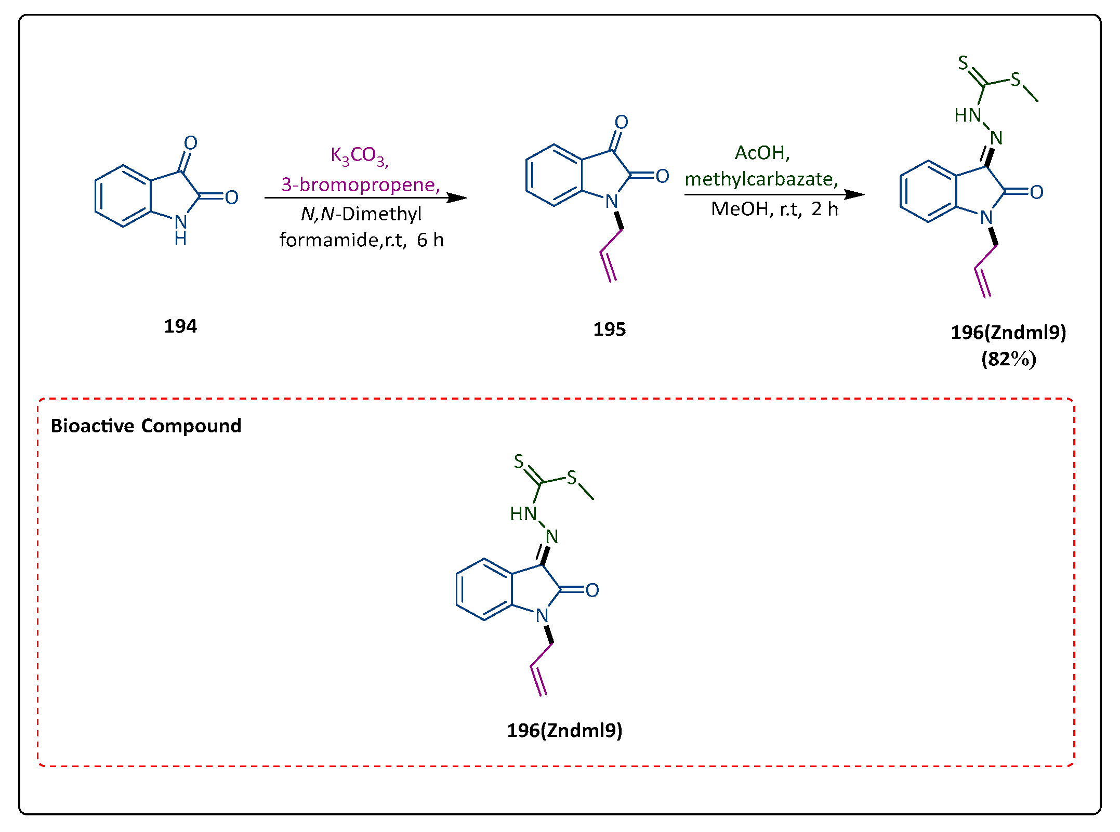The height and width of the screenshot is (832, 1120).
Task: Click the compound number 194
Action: [x=180, y=326]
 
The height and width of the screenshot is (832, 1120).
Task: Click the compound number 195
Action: [x=609, y=329]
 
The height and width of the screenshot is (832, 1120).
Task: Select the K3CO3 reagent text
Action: [x=359, y=155]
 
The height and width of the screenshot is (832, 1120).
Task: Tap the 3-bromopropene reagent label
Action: [x=360, y=184]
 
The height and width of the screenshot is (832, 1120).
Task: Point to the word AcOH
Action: [x=761, y=153]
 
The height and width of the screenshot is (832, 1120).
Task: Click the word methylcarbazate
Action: [x=760, y=179]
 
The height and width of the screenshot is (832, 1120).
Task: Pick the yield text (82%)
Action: [x=1008, y=359]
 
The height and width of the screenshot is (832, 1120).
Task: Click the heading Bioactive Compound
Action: [x=146, y=426]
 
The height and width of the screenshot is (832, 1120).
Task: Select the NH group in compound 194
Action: [x=180, y=229]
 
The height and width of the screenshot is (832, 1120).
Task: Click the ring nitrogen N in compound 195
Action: [x=612, y=202]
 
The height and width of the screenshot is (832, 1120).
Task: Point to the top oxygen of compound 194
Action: [x=191, y=143]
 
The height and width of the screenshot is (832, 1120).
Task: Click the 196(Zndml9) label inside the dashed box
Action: [x=564, y=731]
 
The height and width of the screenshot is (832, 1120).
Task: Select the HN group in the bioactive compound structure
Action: [x=523, y=514]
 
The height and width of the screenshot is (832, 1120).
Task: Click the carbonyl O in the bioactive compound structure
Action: [x=592, y=590]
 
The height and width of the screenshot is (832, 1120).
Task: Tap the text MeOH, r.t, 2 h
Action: [x=774, y=209]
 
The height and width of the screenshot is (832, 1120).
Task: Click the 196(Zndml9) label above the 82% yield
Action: [x=1008, y=333]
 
